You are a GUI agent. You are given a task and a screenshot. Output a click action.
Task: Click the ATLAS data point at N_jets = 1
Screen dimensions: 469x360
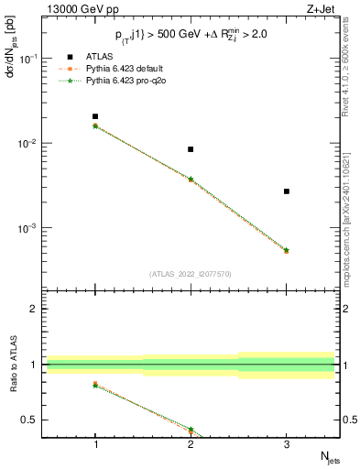pyautogui.click(x=95, y=116)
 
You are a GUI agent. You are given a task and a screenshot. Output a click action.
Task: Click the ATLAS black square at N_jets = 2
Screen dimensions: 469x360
pyautogui.click(x=191, y=149)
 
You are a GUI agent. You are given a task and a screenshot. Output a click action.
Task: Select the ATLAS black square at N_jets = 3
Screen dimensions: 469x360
pyautogui.click(x=287, y=191)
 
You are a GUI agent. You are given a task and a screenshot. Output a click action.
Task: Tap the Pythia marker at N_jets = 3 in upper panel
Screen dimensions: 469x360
pyautogui.click(x=287, y=250)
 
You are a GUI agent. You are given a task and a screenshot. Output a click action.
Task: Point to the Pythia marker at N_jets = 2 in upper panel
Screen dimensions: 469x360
pyautogui.click(x=191, y=180)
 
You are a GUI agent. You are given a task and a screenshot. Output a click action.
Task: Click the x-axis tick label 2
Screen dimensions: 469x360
pyautogui.click(x=191, y=443)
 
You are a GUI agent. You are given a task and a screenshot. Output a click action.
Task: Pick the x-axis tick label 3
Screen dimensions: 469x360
pyautogui.click(x=287, y=443)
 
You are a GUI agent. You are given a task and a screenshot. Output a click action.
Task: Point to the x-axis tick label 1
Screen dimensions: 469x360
pyautogui.click(x=95, y=443)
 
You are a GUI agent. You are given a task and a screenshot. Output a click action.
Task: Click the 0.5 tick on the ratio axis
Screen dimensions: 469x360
pyautogui.click(x=37, y=420)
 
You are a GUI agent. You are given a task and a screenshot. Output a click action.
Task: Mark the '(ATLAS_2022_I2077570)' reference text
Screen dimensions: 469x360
pyautogui.click(x=191, y=274)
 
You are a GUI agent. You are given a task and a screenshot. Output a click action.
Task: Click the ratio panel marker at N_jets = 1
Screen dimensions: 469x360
pyautogui.click(x=95, y=385)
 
